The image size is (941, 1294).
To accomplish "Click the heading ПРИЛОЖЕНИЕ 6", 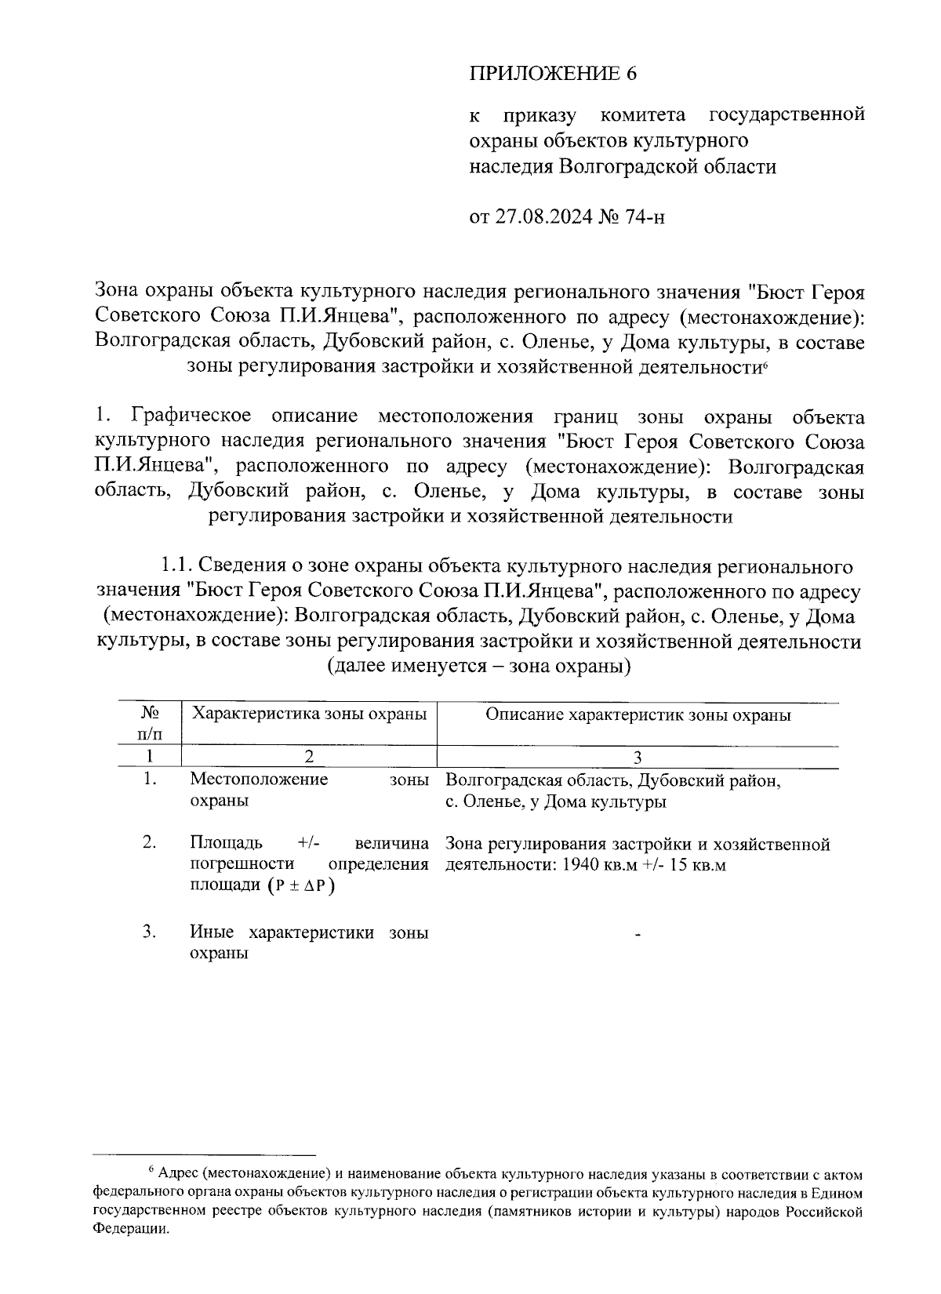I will (554, 75).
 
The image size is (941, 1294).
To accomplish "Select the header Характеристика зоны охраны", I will (309, 714).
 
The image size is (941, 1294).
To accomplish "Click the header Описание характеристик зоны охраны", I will (638, 714).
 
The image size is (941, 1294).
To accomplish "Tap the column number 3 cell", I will (638, 758).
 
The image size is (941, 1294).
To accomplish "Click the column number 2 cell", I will (309, 758).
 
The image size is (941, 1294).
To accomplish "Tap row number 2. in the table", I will (150, 843).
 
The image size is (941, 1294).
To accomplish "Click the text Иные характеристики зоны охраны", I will (309, 943).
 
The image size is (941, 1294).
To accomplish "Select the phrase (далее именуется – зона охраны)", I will (478, 667).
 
